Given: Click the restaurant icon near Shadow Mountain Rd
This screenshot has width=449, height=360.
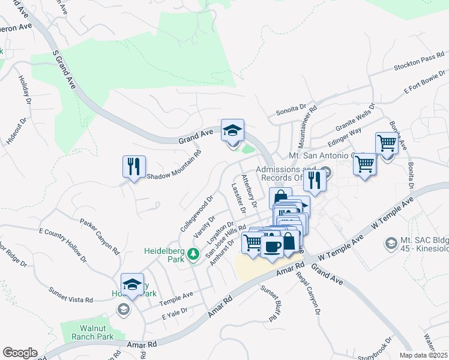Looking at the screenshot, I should click(134, 166).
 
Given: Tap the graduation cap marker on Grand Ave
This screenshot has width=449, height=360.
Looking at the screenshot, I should click(232, 130).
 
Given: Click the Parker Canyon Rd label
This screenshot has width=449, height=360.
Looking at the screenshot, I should click(97, 230).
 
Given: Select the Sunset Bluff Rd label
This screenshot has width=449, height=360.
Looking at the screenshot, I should click(270, 298).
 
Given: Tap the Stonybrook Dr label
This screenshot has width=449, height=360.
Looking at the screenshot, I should click(382, 348).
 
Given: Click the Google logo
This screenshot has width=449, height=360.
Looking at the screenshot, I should click(20, 353).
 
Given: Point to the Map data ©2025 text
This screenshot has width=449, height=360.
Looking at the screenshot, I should click(423, 355).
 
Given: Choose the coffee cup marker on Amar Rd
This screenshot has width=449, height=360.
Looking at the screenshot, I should click(272, 247).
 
